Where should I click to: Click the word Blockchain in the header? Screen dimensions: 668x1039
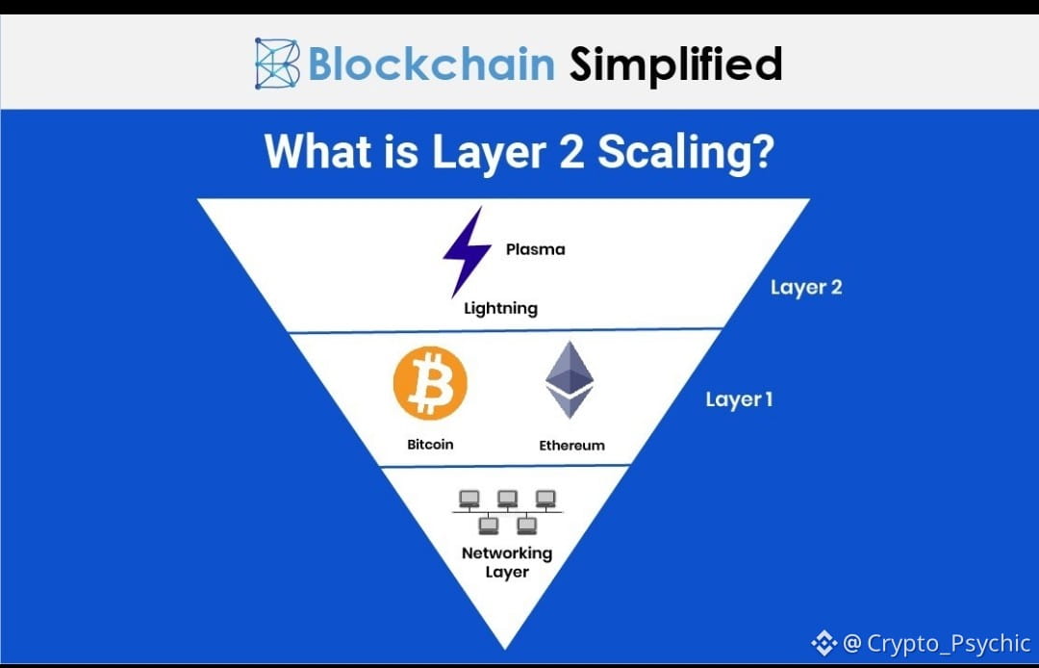pyautogui.click(x=431, y=64)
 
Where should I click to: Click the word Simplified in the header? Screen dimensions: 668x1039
pyautogui.click(x=675, y=64)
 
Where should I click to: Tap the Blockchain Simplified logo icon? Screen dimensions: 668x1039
pyautogui.click(x=277, y=64)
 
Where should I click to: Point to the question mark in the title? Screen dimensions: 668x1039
pyautogui.click(x=762, y=153)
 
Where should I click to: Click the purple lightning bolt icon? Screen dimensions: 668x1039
pyautogui.click(x=460, y=252)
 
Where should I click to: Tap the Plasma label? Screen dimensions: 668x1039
pyautogui.click(x=535, y=249)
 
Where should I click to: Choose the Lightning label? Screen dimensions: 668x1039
pyautogui.click(x=500, y=309)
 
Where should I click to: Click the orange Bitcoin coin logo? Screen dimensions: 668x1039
pyautogui.click(x=430, y=383)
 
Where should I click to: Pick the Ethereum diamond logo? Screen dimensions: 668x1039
pyautogui.click(x=570, y=381)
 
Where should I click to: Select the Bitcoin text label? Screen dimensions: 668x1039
pyautogui.click(x=430, y=445)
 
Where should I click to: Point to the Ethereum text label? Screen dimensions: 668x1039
pyautogui.click(x=571, y=446)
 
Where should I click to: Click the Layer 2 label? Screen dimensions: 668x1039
pyautogui.click(x=806, y=287)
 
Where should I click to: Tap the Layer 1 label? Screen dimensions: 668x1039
pyautogui.click(x=739, y=399)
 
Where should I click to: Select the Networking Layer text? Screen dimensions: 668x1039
pyautogui.click(x=507, y=562)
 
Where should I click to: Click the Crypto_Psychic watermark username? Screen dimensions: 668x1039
pyautogui.click(x=949, y=643)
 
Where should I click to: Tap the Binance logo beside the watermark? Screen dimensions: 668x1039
pyautogui.click(x=824, y=642)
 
